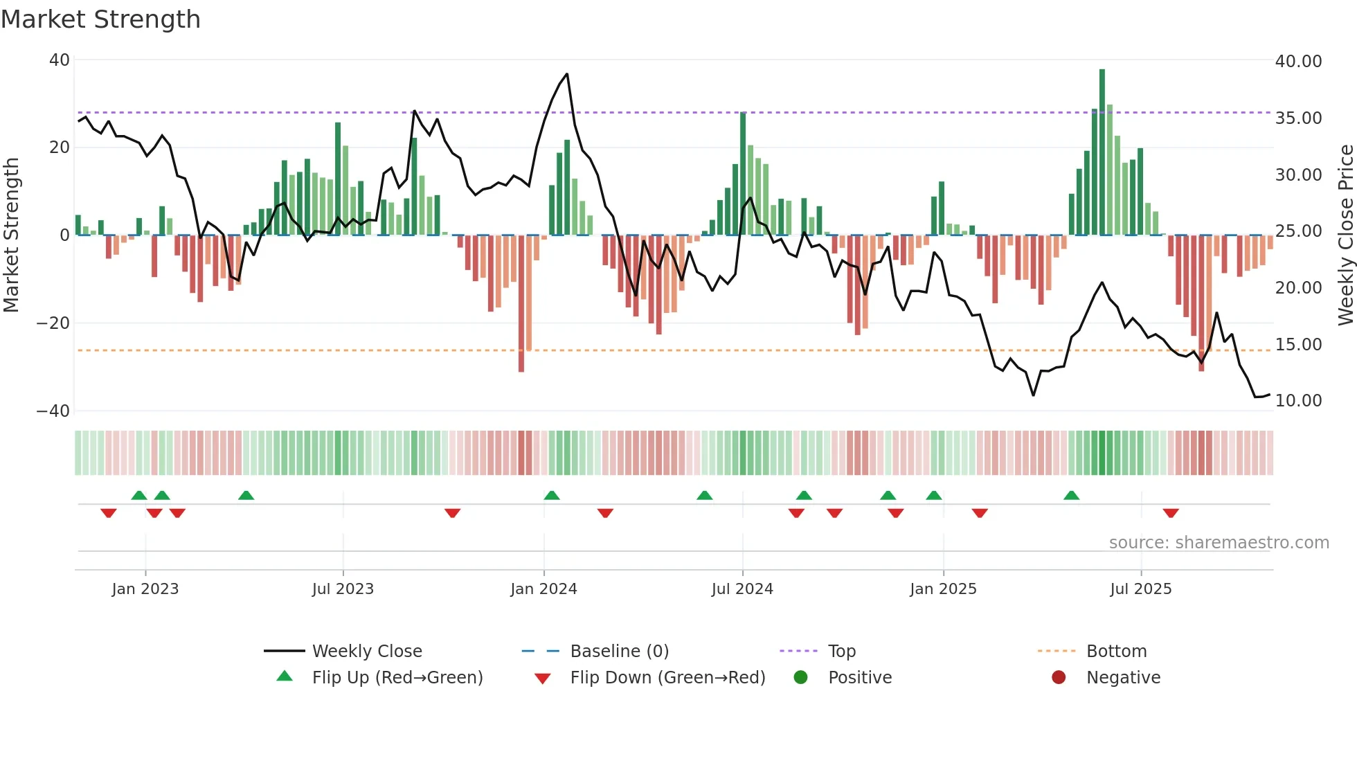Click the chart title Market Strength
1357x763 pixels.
click(x=100, y=19)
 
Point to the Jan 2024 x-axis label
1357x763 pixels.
click(x=543, y=589)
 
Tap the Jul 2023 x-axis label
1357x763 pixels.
click(x=343, y=589)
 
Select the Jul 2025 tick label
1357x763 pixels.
click(x=1140, y=589)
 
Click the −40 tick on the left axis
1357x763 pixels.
click(x=53, y=411)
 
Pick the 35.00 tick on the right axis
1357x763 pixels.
click(x=1298, y=118)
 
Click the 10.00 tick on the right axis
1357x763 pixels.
click(x=1298, y=401)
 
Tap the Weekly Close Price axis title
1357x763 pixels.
click(x=1345, y=235)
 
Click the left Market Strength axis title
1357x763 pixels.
click(x=12, y=235)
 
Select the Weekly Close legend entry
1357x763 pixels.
click(x=366, y=652)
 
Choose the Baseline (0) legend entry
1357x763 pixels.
click(x=619, y=652)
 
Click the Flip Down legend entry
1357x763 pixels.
click(x=667, y=678)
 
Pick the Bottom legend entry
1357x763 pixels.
click(x=1116, y=652)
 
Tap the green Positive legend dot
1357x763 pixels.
click(x=800, y=678)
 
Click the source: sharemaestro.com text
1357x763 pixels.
click(x=1219, y=543)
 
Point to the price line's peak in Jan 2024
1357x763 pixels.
click(x=567, y=74)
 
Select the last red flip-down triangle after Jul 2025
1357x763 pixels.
click(x=1171, y=513)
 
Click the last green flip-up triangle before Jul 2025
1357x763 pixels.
click(x=1071, y=495)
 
